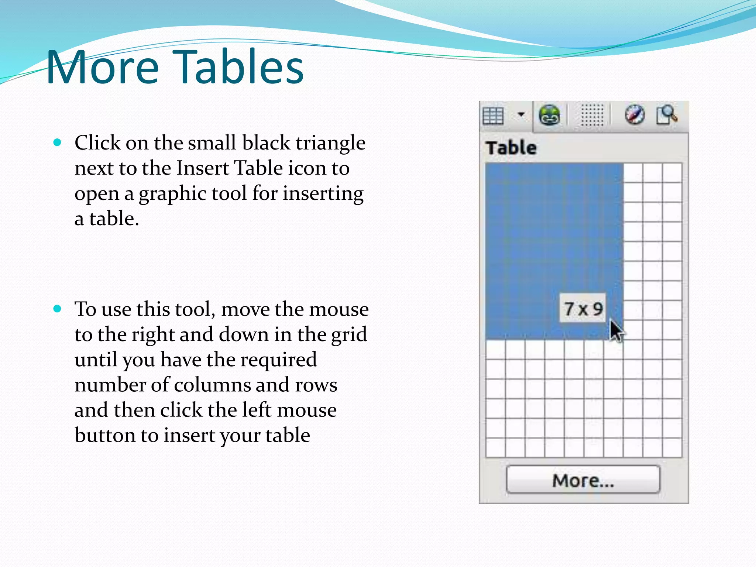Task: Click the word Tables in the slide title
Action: click(238, 67)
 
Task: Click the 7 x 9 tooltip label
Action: click(583, 309)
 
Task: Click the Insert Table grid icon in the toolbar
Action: click(493, 116)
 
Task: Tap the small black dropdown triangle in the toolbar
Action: click(521, 114)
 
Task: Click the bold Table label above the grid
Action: click(511, 148)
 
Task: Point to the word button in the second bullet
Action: click(105, 435)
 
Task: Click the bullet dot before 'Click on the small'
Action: click(57, 142)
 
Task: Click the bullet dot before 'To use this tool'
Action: click(57, 309)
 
